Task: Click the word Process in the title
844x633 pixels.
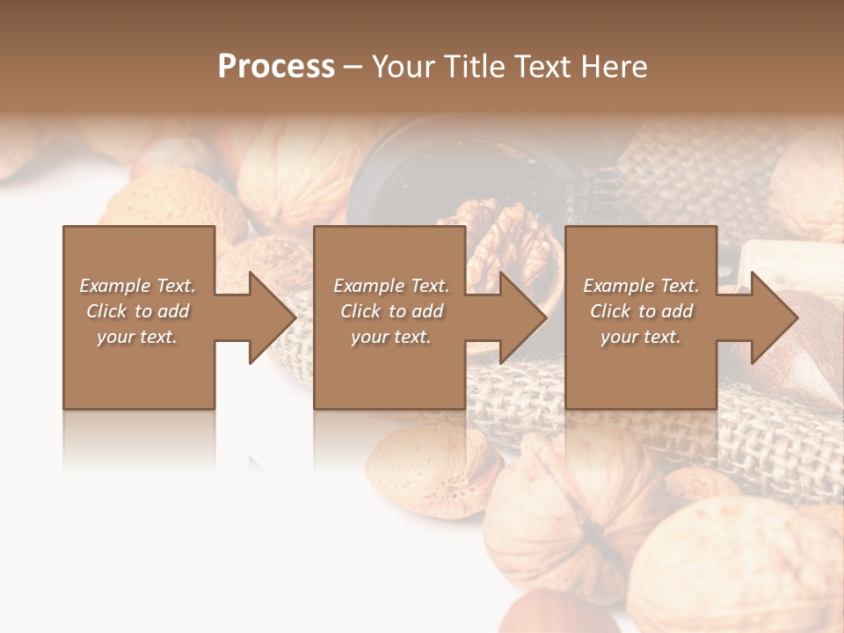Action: (x=276, y=67)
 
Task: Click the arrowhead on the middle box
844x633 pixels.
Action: (x=521, y=317)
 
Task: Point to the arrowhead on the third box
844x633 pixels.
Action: (x=773, y=317)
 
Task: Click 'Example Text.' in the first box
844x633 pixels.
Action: (x=138, y=286)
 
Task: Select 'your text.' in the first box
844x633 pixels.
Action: (x=138, y=337)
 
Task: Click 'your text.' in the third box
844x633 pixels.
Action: (x=641, y=337)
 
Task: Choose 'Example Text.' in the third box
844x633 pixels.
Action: (x=641, y=286)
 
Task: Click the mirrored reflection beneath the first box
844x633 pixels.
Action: (x=138, y=440)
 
